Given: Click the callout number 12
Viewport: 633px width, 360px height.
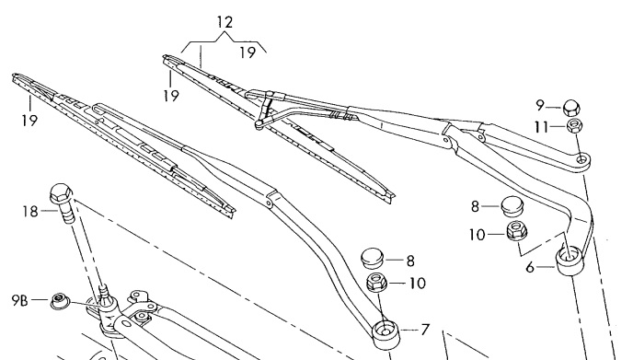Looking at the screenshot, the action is click(x=224, y=22).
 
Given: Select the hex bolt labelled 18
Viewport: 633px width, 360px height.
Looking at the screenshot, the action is click(x=63, y=203).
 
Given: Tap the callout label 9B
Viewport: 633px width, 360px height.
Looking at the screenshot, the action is click(x=20, y=300).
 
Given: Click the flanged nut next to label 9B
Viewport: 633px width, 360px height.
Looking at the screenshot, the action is click(x=59, y=301).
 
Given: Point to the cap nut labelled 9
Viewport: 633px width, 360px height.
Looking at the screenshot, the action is click(x=571, y=108).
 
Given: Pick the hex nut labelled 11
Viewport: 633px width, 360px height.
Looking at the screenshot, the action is click(x=574, y=125).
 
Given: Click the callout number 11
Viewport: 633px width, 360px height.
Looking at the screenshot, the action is click(x=542, y=127).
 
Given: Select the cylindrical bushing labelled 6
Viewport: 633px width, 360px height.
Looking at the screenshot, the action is click(x=570, y=261).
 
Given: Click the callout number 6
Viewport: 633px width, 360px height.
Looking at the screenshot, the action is click(x=530, y=268).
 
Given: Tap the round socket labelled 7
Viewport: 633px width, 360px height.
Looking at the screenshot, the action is click(x=386, y=334).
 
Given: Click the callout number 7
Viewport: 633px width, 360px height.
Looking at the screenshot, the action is click(x=424, y=331).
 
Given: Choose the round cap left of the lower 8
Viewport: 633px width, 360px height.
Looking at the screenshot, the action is click(x=372, y=258).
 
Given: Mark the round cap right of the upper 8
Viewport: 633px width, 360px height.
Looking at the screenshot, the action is click(x=512, y=206).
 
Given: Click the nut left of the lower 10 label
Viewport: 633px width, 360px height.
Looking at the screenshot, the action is click(x=376, y=282).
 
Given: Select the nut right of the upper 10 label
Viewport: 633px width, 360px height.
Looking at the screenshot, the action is click(x=517, y=231).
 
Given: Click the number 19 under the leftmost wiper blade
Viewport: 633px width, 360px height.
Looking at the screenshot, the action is click(x=29, y=121).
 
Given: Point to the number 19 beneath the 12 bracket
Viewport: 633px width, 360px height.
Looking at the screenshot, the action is click(x=247, y=52).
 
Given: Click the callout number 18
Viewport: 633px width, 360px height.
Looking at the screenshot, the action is click(x=30, y=212).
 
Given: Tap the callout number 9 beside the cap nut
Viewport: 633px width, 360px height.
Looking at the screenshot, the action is click(x=540, y=106).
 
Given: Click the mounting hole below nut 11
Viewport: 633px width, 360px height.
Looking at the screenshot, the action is click(x=581, y=159).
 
